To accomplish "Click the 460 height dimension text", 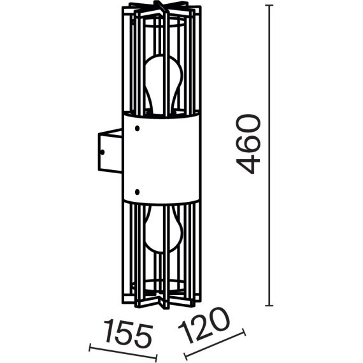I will tap(249, 145).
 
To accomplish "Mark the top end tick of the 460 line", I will tap(271, 6).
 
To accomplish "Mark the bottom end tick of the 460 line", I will tap(271, 306).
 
